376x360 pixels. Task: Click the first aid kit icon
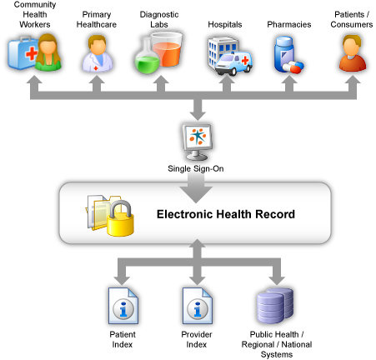tap(23, 52)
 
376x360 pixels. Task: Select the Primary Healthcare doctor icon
tap(98, 53)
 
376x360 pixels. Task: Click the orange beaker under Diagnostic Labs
tap(167, 49)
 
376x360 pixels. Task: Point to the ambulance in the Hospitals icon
tap(234, 63)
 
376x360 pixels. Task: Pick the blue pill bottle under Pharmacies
tap(284, 53)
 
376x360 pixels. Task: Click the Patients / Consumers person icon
tap(352, 53)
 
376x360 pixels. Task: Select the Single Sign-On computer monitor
tap(198, 142)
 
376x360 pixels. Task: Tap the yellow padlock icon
tap(121, 218)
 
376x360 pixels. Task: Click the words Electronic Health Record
tap(226, 214)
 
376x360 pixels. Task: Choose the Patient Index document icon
tap(123, 306)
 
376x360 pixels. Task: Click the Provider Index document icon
tap(198, 306)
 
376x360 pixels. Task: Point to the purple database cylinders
tap(275, 306)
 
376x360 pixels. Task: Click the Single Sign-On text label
tap(196, 168)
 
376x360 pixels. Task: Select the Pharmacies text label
tap(289, 24)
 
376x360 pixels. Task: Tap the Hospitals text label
tap(225, 24)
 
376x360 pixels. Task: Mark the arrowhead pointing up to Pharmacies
tap(289, 80)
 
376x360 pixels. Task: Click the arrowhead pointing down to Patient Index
tap(122, 281)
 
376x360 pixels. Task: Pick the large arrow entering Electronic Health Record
tap(196, 189)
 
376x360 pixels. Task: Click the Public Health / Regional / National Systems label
tap(277, 344)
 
